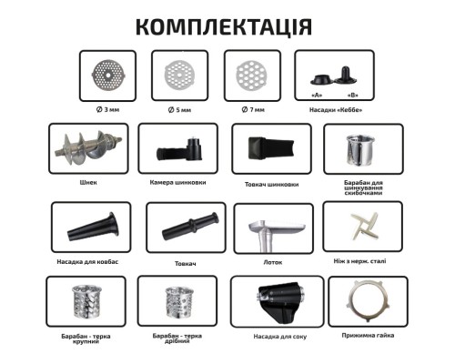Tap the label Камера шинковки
click(179, 182)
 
